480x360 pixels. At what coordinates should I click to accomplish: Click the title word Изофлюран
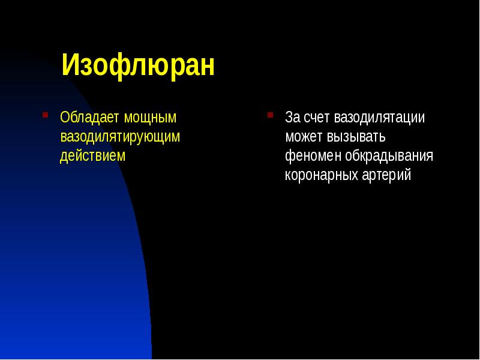[x=137, y=65]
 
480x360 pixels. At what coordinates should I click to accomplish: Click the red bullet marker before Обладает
[x=45, y=113]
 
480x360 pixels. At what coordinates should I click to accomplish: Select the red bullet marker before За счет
[x=271, y=113]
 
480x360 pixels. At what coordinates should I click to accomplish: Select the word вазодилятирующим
[x=120, y=137]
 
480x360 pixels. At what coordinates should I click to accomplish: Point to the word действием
[x=93, y=156]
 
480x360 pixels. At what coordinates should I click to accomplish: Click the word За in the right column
[x=292, y=117]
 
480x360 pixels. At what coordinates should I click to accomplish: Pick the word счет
[x=317, y=117]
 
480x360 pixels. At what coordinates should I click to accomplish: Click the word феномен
[x=310, y=156]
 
